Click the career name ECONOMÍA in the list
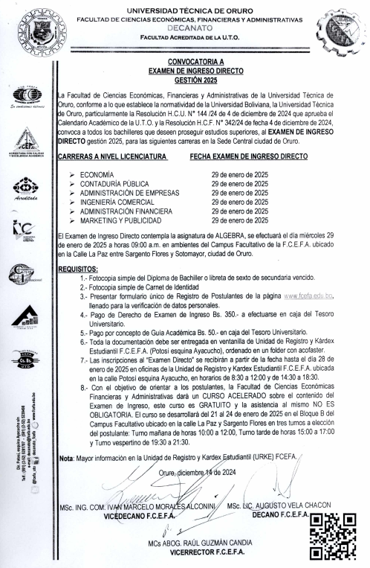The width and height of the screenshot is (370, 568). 105,173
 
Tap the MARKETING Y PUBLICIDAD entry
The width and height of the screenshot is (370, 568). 125,220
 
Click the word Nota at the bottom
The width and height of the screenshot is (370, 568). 66,459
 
